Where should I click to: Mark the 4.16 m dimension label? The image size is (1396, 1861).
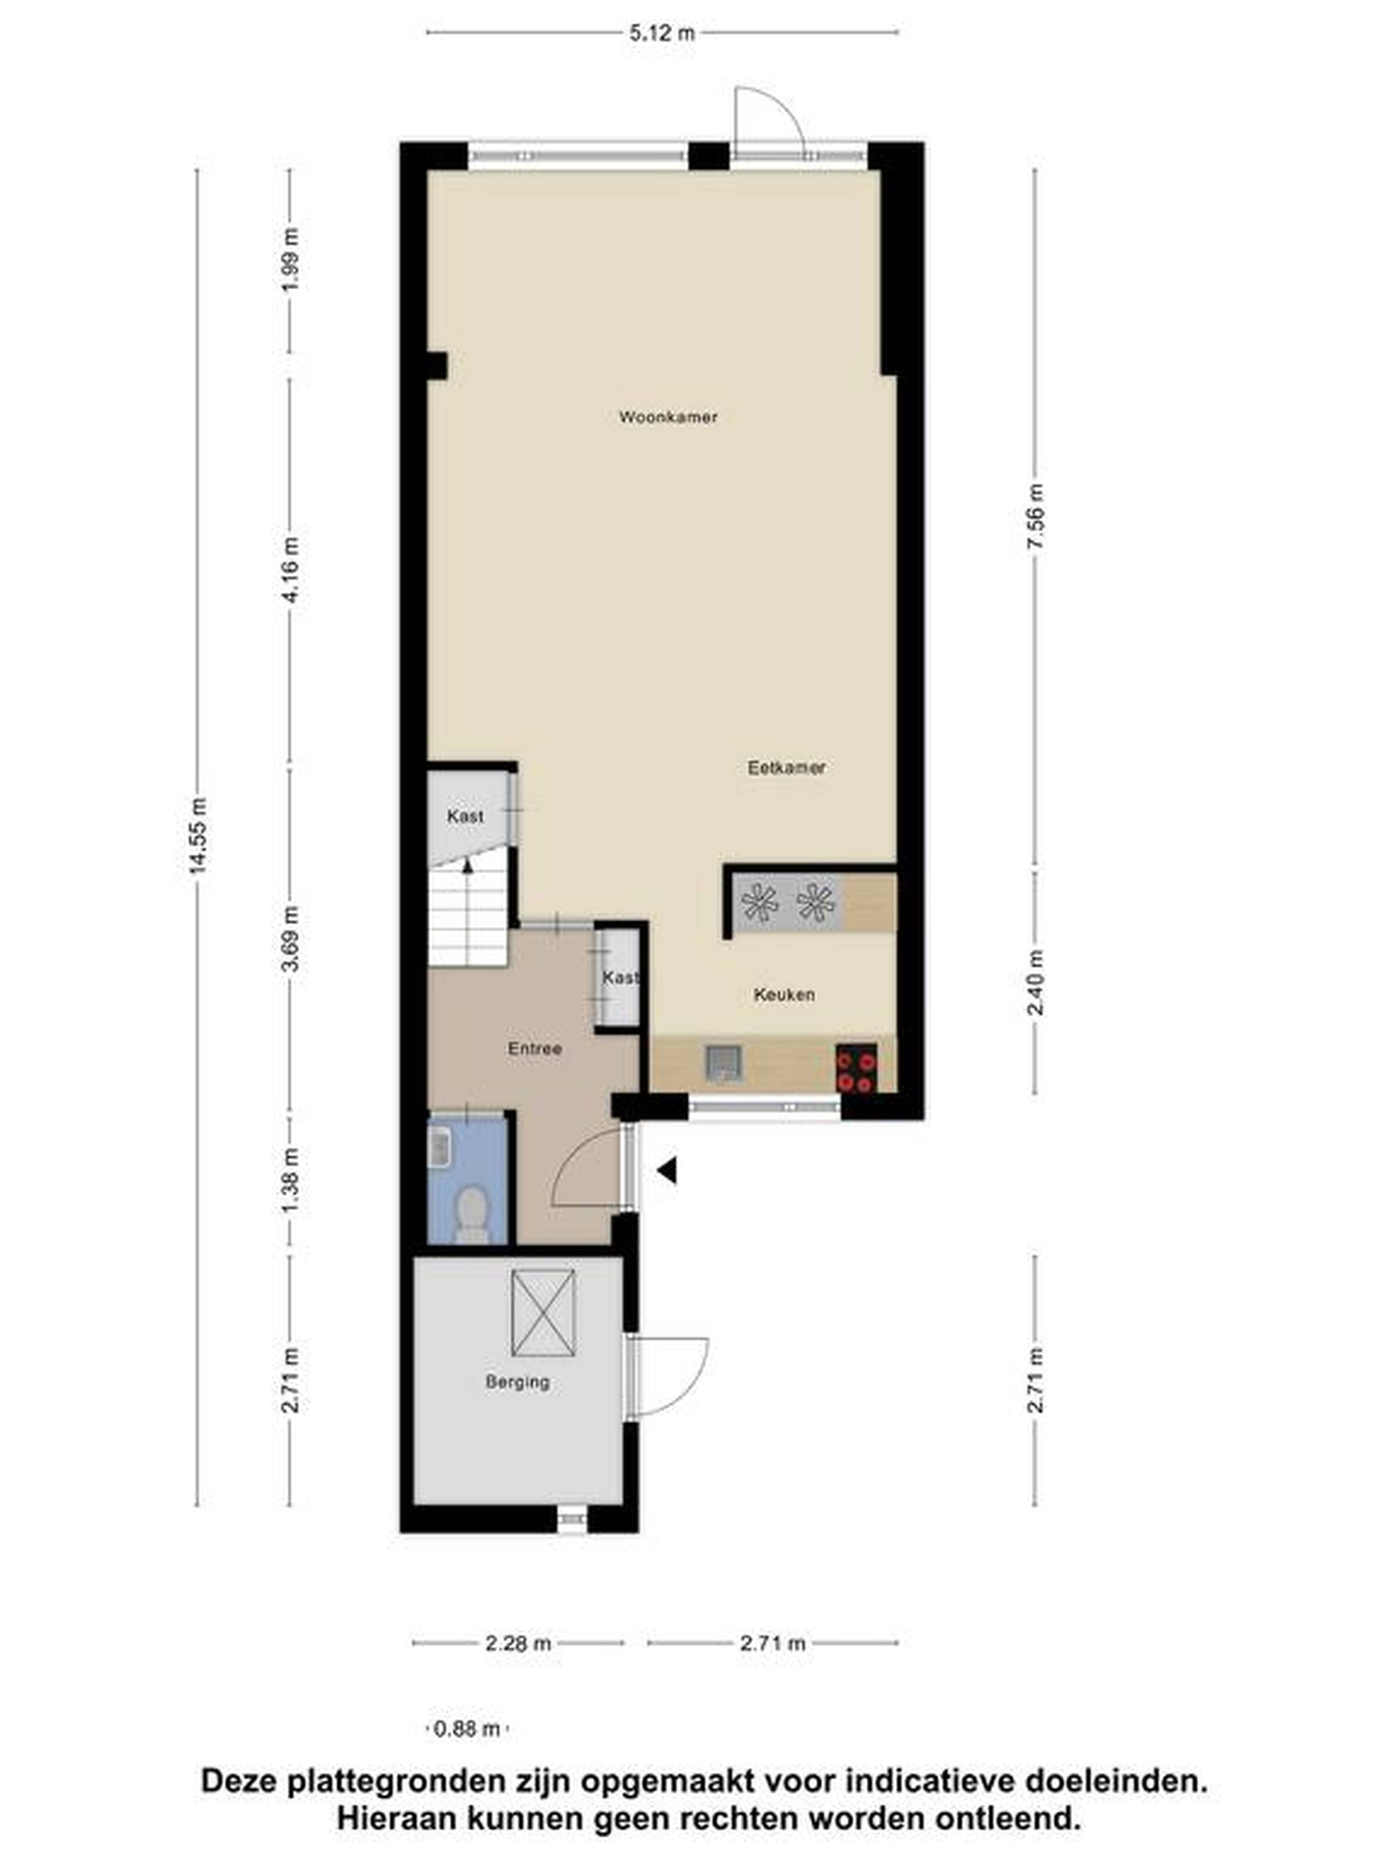coord(290,570)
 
